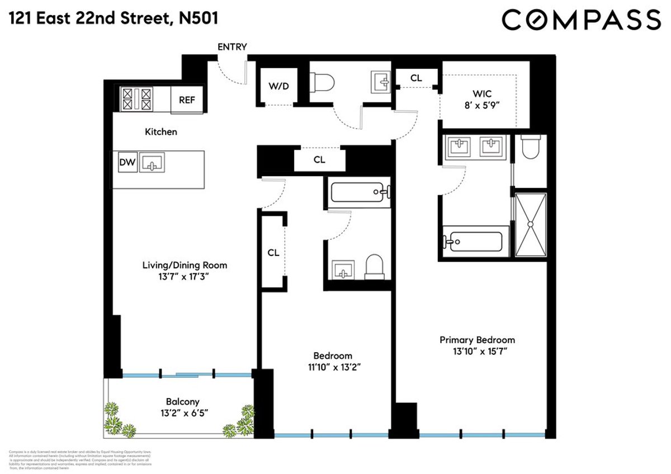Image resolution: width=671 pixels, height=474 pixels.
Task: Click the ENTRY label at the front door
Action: point(232,47)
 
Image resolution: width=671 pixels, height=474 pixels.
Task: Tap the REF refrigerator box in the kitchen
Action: point(186,100)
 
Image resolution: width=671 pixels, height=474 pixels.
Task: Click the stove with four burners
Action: point(136,99)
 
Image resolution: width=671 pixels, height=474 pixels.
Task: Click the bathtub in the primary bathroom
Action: point(474,241)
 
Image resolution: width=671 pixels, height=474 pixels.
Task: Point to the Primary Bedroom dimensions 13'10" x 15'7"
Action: point(477,352)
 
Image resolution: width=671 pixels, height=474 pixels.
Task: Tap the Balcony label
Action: point(182,401)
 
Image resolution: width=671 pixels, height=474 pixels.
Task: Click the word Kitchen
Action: point(161,132)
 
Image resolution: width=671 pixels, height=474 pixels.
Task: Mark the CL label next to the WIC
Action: point(416,78)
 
